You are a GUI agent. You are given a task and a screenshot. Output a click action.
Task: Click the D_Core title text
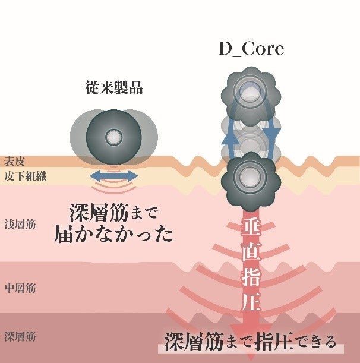251,48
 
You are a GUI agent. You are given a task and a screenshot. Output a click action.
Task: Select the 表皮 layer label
16,162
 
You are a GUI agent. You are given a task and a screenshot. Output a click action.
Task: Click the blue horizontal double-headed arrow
113,176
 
